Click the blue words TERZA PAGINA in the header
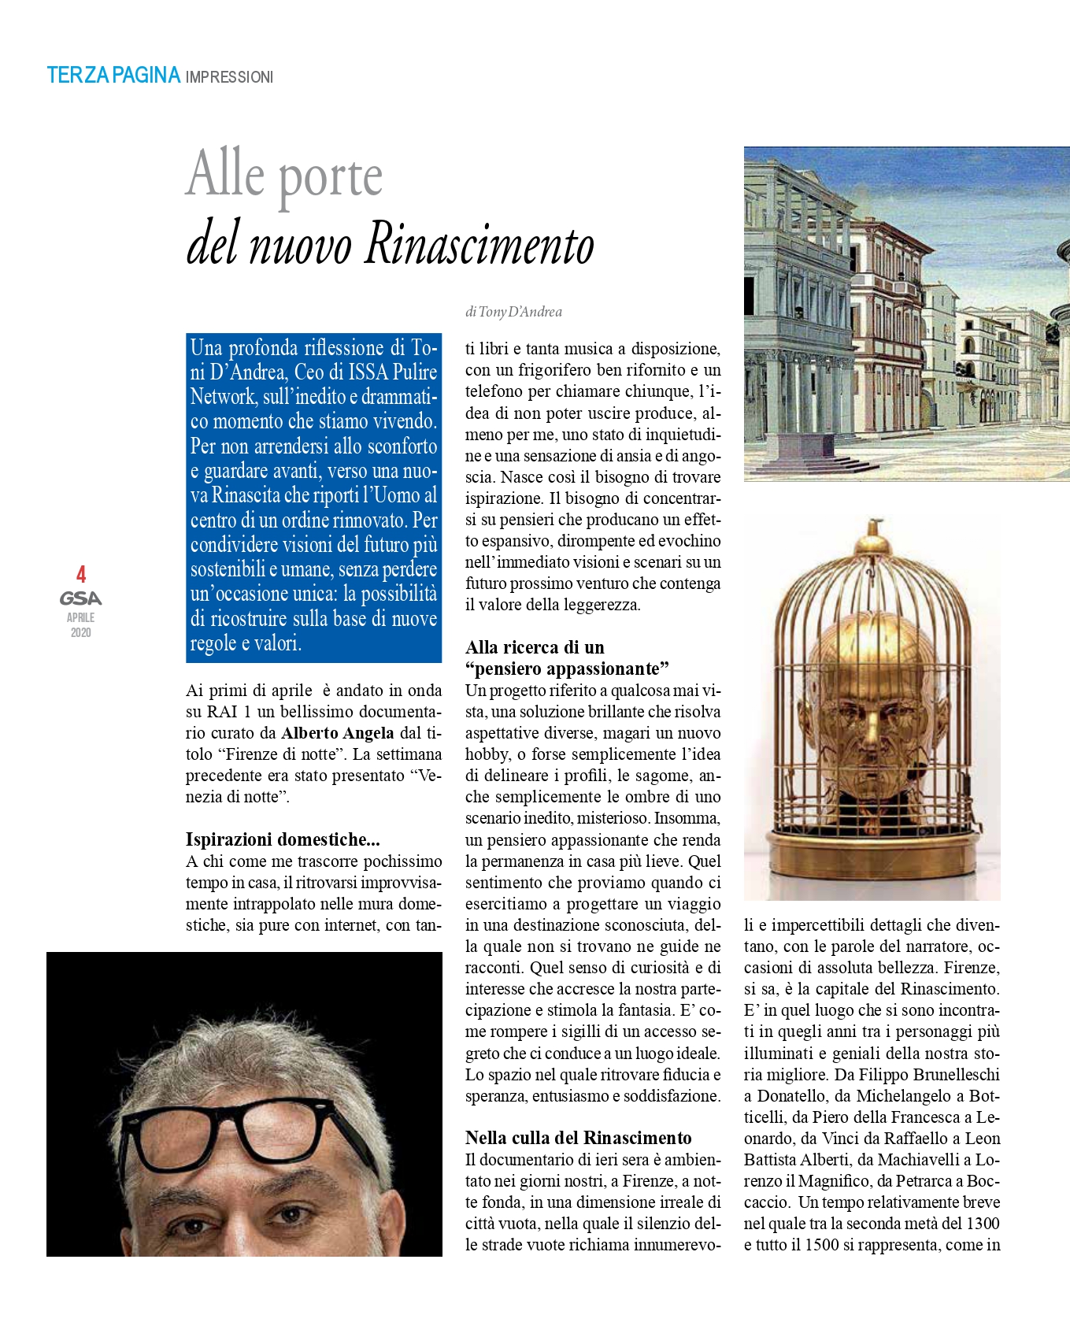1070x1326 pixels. point(113,76)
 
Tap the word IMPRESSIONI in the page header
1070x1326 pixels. point(229,77)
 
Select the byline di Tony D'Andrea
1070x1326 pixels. point(513,312)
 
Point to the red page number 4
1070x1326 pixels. point(80,574)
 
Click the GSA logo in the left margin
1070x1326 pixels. point(80,598)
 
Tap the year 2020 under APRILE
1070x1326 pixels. point(80,632)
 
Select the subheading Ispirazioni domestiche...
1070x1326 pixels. point(282,839)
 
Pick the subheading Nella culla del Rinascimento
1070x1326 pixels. point(578,1138)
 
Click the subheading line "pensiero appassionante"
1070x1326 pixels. point(567,669)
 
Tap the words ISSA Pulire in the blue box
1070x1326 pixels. point(392,372)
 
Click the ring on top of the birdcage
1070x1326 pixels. point(872,526)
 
